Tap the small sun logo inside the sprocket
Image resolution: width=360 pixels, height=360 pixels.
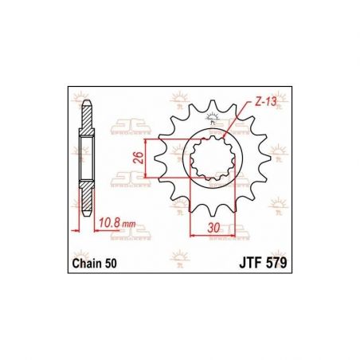212,119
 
